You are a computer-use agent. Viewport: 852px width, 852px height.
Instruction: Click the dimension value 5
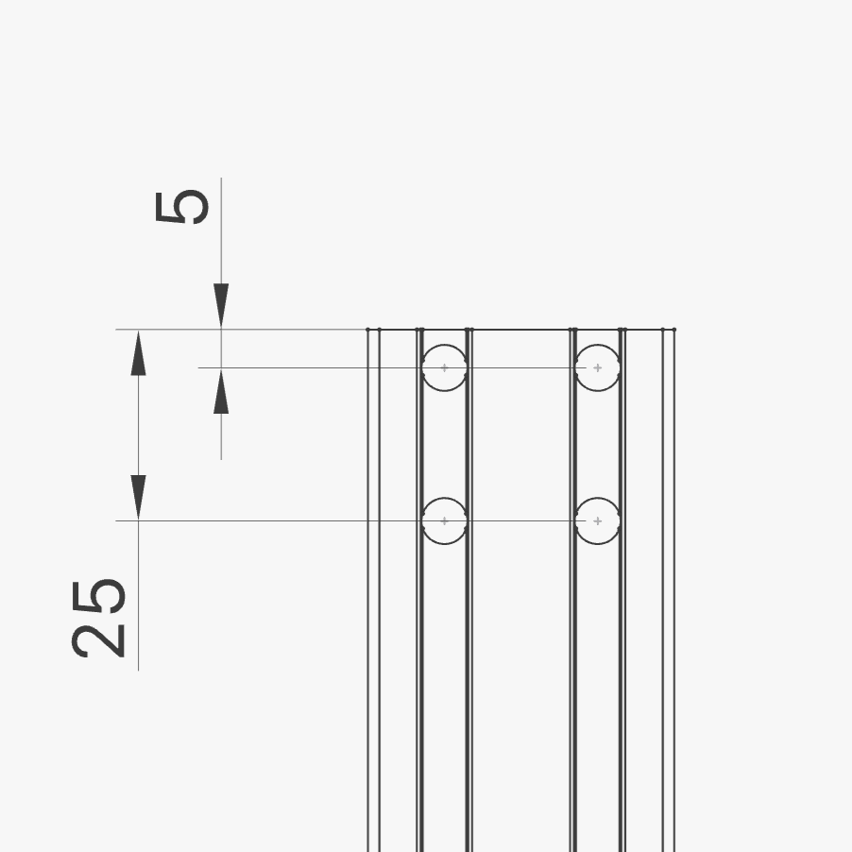pyautogui.click(x=181, y=207)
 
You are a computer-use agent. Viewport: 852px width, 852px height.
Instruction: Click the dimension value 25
pyautogui.click(x=98, y=619)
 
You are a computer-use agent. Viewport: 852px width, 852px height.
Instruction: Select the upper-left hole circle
pyautogui.click(x=445, y=345)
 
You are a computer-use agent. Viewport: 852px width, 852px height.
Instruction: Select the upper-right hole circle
pyautogui.click(x=597, y=345)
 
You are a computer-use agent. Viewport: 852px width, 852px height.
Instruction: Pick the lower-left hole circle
pyautogui.click(x=445, y=498)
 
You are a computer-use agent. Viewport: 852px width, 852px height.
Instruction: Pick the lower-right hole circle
pyautogui.click(x=597, y=498)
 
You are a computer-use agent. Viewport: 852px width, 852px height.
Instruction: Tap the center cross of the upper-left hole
pyautogui.click(x=445, y=367)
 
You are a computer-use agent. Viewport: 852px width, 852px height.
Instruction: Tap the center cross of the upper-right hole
pyautogui.click(x=598, y=367)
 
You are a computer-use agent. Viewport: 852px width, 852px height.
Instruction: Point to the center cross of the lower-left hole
pyautogui.click(x=445, y=521)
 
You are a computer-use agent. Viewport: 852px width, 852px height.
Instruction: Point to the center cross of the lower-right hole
pyautogui.click(x=598, y=521)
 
